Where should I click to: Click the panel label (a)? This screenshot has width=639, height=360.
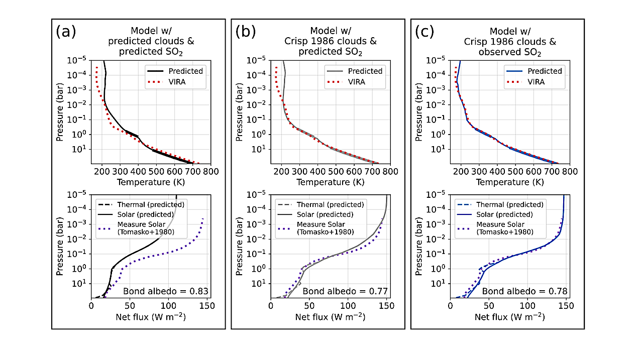tap(66, 32)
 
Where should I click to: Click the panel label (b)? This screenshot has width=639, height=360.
tap(245, 32)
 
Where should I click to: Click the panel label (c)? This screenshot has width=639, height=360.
tap(425, 32)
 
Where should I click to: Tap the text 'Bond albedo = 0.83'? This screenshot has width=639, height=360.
tap(166, 291)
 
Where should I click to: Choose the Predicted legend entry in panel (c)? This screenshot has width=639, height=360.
tap(545, 71)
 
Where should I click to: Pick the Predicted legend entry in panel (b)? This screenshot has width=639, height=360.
tap(365, 71)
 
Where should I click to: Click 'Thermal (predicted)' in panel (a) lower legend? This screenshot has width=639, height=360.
tap(151, 204)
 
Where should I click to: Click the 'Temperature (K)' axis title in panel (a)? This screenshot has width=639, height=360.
tap(151, 183)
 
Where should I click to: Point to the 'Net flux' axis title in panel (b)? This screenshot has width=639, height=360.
tap(330, 317)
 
